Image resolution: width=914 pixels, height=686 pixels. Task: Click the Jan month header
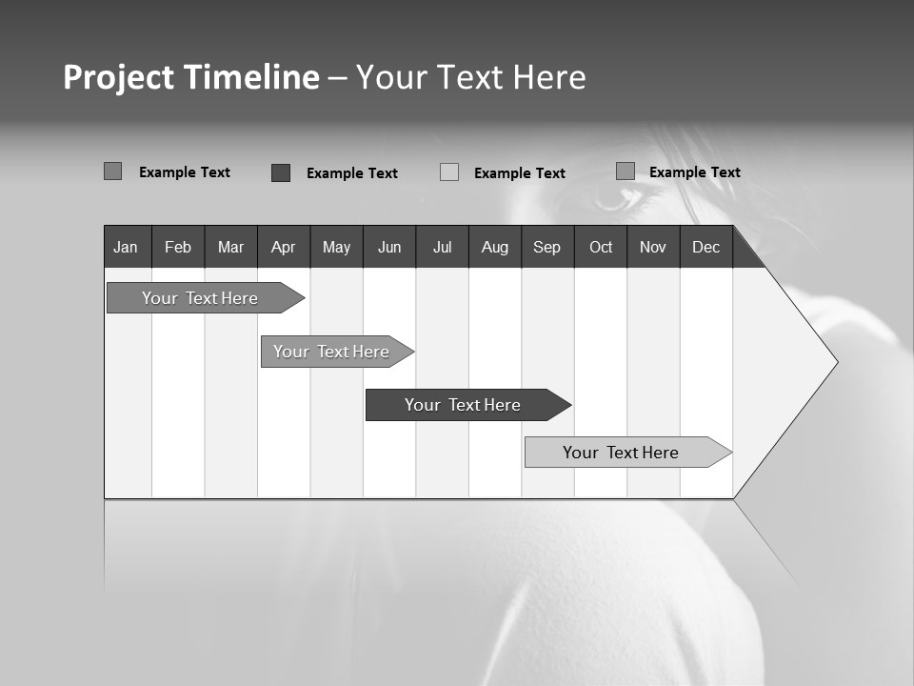point(127,247)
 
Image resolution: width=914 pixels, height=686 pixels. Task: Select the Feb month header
point(178,247)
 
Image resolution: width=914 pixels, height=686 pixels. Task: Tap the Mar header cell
point(230,247)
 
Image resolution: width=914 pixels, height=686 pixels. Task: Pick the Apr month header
point(283,247)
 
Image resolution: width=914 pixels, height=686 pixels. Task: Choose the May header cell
point(336,247)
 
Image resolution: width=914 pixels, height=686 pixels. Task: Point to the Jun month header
point(389,247)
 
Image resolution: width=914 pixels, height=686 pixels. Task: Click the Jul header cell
point(442,247)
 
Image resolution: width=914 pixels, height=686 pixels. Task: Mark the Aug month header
point(495,247)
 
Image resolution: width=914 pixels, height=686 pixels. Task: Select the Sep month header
point(547,247)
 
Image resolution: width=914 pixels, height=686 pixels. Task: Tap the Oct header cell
point(601,247)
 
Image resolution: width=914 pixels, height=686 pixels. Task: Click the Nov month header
point(653,247)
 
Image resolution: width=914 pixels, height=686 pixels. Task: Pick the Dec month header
point(706,247)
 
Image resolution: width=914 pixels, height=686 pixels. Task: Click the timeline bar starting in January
point(200,298)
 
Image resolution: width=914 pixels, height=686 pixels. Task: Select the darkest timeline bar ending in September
point(463,405)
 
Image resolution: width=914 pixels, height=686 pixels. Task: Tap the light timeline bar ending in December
point(621,453)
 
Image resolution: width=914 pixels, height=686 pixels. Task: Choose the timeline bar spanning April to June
point(331,352)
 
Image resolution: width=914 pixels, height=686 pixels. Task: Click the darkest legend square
point(281,172)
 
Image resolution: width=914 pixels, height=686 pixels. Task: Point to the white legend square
point(449,172)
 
